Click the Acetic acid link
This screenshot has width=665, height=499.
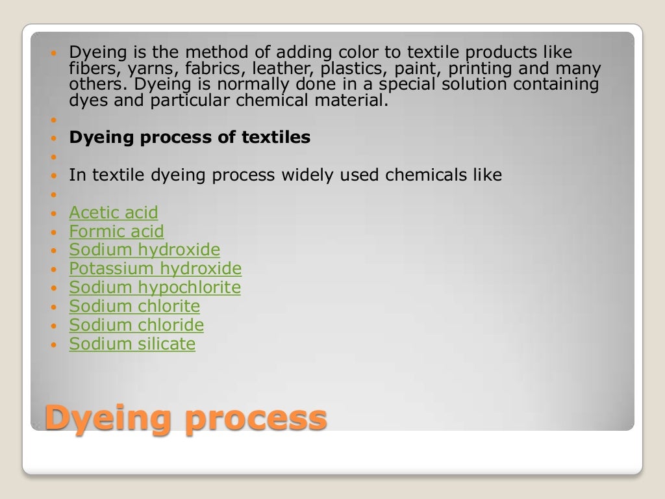pos(113,212)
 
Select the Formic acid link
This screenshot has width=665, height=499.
pos(116,231)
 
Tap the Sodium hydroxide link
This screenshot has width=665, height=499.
pos(144,250)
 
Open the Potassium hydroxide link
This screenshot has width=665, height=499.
pos(155,269)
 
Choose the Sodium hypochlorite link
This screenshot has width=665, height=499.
pos(155,288)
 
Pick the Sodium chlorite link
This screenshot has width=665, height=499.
pos(134,306)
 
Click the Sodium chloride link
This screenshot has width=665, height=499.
pos(136,325)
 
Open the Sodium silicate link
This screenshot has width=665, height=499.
pos(132,344)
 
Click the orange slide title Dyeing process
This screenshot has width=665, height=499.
pos(185,417)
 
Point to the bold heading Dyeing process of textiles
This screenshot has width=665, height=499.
pos(190,138)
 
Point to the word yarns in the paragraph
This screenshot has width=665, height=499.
pos(134,69)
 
